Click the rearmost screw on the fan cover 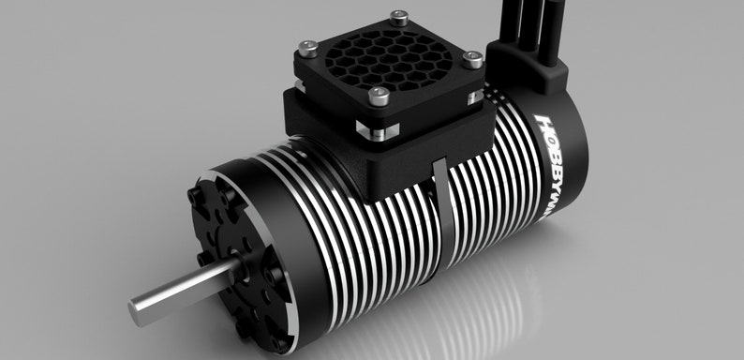(x=400, y=16)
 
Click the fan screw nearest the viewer (x=379, y=95)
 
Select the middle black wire (x=538, y=23)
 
